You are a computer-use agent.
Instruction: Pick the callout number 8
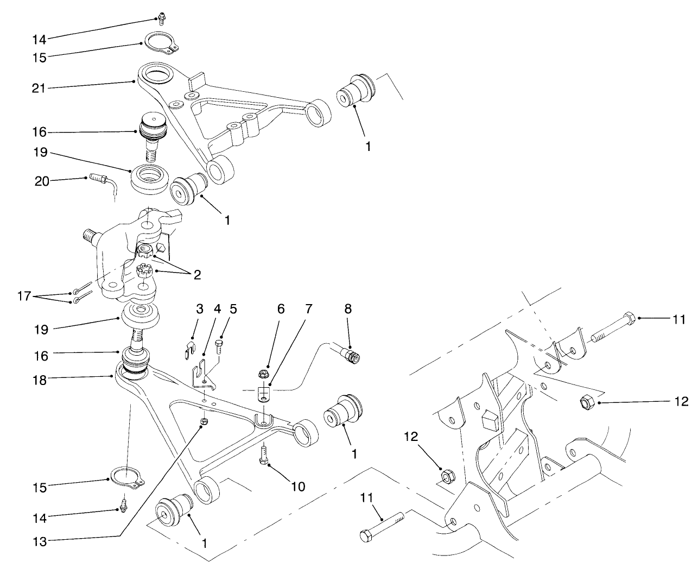click(x=348, y=309)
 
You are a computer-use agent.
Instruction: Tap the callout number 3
click(x=199, y=309)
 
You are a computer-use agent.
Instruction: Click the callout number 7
click(x=308, y=309)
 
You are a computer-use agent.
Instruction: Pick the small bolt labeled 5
click(x=220, y=346)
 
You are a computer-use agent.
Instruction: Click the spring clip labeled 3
click(x=186, y=348)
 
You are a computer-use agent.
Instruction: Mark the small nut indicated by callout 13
click(x=205, y=421)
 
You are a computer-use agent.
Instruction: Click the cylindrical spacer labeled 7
click(x=263, y=392)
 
